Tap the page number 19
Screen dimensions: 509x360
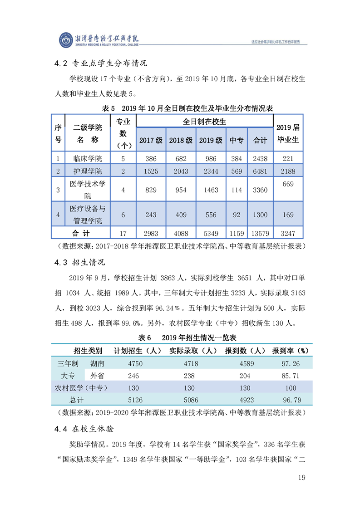(x=301, y=477)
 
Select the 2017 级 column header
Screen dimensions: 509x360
(x=151, y=140)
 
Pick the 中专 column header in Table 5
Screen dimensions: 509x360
(x=236, y=140)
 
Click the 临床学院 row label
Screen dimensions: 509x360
(x=88, y=158)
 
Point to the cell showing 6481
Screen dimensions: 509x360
(x=260, y=171)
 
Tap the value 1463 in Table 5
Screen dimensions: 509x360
(x=211, y=190)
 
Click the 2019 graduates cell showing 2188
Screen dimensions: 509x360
(x=288, y=171)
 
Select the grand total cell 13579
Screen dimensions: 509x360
(x=260, y=234)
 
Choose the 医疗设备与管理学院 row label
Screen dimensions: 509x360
(x=88, y=215)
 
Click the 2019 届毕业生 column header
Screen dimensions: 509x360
(x=288, y=134)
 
